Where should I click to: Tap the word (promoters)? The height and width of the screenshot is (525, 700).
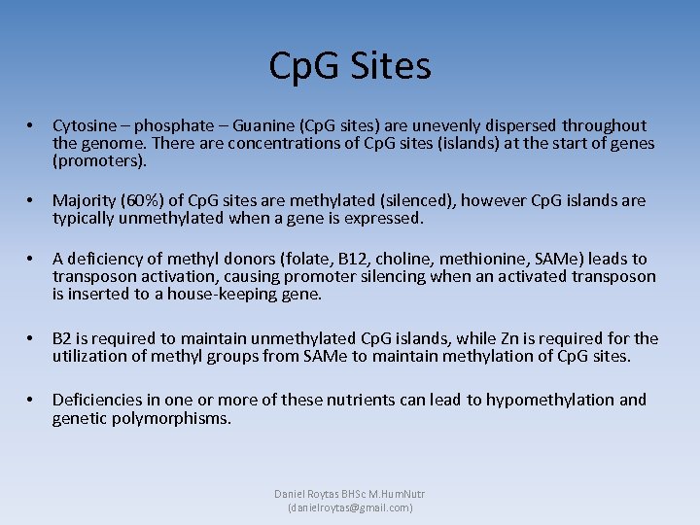99,160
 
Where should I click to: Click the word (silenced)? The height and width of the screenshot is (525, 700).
413,200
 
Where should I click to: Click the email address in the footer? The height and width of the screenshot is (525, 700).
350,507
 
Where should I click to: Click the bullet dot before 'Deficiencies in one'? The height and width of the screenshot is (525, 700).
32,400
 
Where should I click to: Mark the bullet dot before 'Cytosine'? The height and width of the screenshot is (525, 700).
32,125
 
